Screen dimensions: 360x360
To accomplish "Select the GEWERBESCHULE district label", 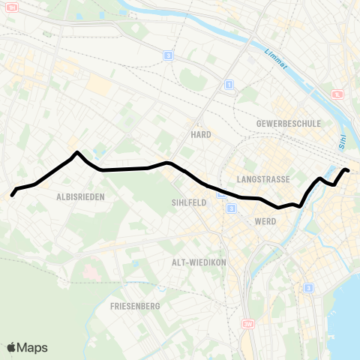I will coord(288,123).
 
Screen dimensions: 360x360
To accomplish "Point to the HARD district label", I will coord(200,135).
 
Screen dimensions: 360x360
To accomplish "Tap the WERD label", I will coord(265,222).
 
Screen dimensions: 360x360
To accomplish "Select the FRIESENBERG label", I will coord(132,306).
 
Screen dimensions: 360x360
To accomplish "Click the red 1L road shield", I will coord(339,94).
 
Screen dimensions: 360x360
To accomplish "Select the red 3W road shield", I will coord(248,323).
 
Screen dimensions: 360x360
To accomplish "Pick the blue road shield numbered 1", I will coord(229,84).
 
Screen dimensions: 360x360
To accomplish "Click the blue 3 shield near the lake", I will coord(307,287).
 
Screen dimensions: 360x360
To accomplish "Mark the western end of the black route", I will coord(12,196).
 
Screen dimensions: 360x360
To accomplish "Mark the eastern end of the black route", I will coord(348,172).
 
